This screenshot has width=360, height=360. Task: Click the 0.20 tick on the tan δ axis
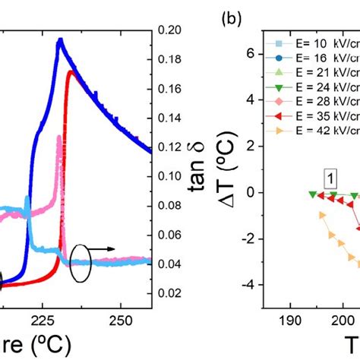[171, 31]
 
